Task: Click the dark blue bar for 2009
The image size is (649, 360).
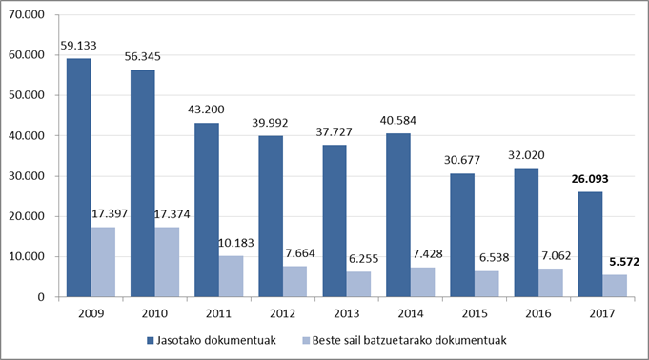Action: [79, 177]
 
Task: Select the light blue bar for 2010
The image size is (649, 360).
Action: [167, 262]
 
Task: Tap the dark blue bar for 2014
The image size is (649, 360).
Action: [398, 215]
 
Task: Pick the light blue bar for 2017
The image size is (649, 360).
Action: [615, 286]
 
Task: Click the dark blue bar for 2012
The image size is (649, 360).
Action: [271, 216]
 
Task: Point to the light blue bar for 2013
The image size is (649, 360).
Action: [359, 284]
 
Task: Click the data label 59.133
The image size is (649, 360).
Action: [79, 45]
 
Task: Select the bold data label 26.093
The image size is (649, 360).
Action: [590, 179]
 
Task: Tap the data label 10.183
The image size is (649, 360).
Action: [236, 243]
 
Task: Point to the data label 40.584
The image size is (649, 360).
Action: [398, 120]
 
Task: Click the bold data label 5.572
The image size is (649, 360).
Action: [624, 262]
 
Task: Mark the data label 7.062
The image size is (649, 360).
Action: [557, 256]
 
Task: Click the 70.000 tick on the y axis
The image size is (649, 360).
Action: [27, 15]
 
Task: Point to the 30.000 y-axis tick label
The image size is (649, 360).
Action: [27, 176]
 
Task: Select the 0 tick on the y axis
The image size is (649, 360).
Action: [41, 297]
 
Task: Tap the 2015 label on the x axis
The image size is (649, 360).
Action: [475, 313]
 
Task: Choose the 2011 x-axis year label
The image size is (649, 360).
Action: [218, 313]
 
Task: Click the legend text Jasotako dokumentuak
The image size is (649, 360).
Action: [216, 341]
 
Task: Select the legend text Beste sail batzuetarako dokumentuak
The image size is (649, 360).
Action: [410, 341]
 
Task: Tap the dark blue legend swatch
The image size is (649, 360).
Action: [151, 341]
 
